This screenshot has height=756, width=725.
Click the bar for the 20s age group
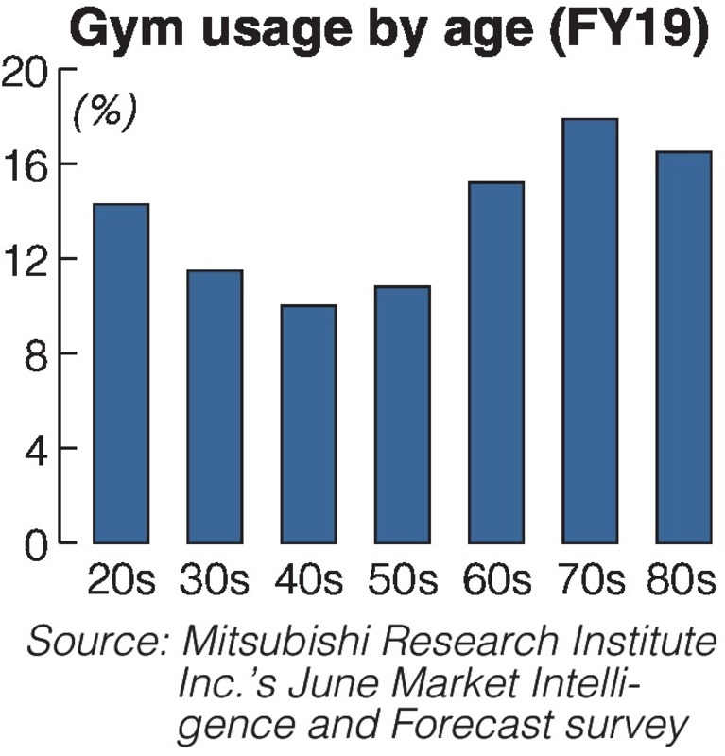point(120,373)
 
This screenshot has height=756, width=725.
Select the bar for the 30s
point(214,406)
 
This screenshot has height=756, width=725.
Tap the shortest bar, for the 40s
point(308,423)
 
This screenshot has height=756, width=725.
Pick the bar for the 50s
point(402,414)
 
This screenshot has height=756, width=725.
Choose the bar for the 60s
point(495,362)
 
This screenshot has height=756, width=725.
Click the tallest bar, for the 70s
point(590,331)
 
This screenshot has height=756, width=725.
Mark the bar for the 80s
point(683,347)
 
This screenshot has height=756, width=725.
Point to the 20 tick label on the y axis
point(27,71)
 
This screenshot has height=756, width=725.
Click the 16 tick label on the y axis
point(27,164)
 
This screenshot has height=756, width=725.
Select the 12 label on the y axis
point(27,259)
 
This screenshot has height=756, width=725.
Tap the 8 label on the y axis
point(38,353)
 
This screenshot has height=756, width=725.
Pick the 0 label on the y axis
point(38,544)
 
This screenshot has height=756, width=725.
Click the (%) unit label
point(104,112)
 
